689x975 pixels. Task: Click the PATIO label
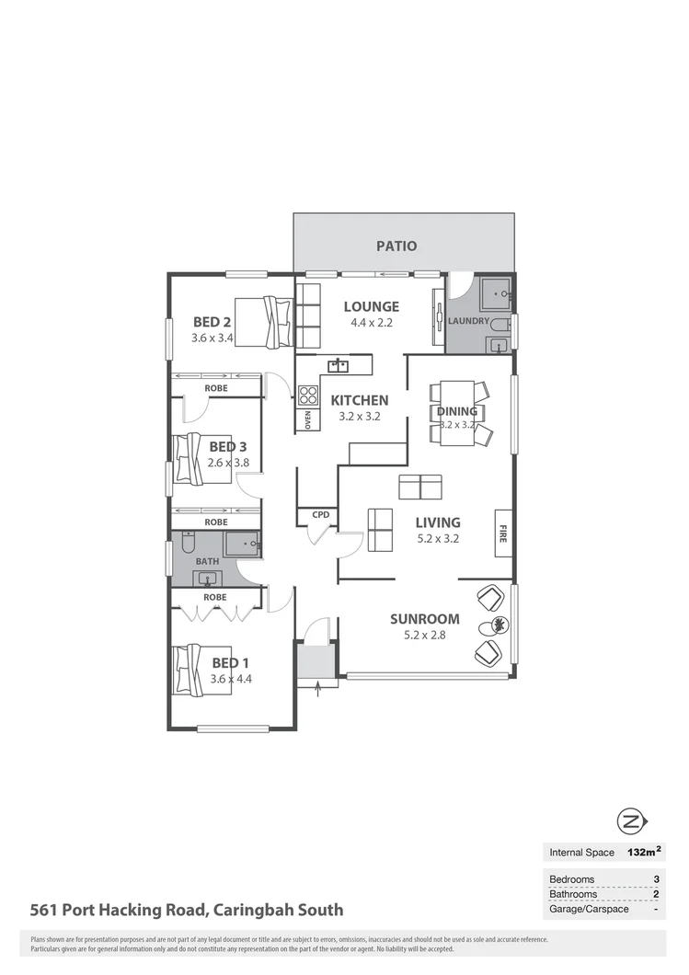coord(396,246)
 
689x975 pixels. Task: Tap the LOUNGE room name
coord(372,306)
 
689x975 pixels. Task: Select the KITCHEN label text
coord(360,400)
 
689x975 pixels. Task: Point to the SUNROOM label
coord(424,619)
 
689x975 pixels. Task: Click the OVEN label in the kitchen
coord(308,419)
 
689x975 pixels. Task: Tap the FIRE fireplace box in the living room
coord(503,533)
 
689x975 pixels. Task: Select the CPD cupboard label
coord(320,515)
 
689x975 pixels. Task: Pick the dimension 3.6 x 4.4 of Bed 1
coord(231,679)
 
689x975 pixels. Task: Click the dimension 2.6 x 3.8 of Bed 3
coord(228,463)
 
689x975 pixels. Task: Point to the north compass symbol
coord(631,821)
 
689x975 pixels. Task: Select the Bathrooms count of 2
coord(656,894)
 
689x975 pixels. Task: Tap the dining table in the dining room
coord(457,413)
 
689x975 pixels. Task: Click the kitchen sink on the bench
coord(338,366)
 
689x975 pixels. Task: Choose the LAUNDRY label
coord(469,321)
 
